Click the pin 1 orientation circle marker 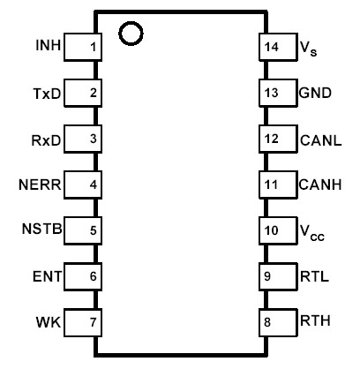tap(131, 34)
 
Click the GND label tap(315, 92)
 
